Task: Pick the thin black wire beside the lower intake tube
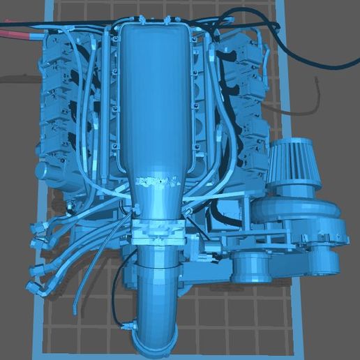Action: coord(115,286)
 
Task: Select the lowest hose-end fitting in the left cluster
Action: coord(34,287)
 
